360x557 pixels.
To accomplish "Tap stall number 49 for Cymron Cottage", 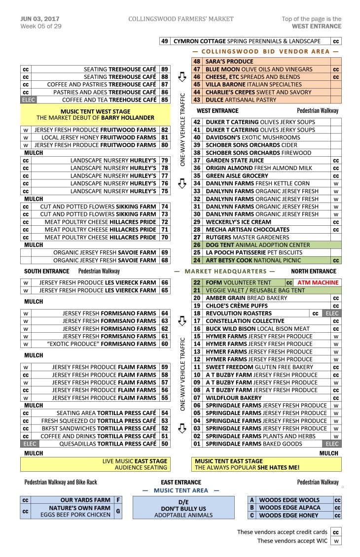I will tap(165, 41).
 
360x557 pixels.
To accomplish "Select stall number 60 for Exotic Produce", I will tap(165, 344).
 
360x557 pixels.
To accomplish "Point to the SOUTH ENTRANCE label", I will tap(47, 271).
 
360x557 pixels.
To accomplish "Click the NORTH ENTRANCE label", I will tap(314, 271).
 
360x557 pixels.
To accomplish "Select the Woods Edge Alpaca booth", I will tap(289, 508).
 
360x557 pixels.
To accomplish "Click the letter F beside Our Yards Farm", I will tap(118, 500).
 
